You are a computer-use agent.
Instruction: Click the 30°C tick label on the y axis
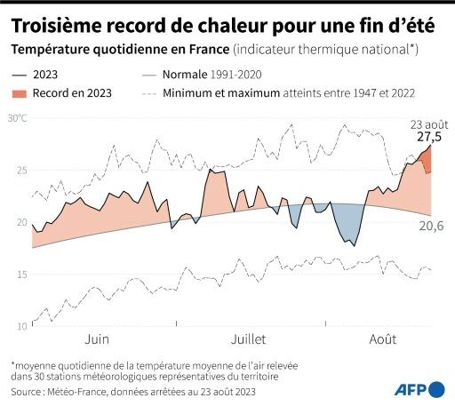click(x=18, y=118)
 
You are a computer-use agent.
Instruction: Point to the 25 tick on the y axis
click(x=22, y=170)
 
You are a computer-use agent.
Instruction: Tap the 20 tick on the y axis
click(x=22, y=222)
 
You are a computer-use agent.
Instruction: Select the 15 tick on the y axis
click(x=22, y=275)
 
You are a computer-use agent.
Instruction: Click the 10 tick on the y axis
click(x=22, y=327)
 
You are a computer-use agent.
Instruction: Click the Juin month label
click(x=97, y=339)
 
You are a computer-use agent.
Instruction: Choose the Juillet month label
click(x=249, y=339)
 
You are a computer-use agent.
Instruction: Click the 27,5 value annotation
click(x=430, y=138)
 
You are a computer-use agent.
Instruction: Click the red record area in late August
click(x=426, y=161)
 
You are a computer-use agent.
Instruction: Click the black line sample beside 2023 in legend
click(x=22, y=76)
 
